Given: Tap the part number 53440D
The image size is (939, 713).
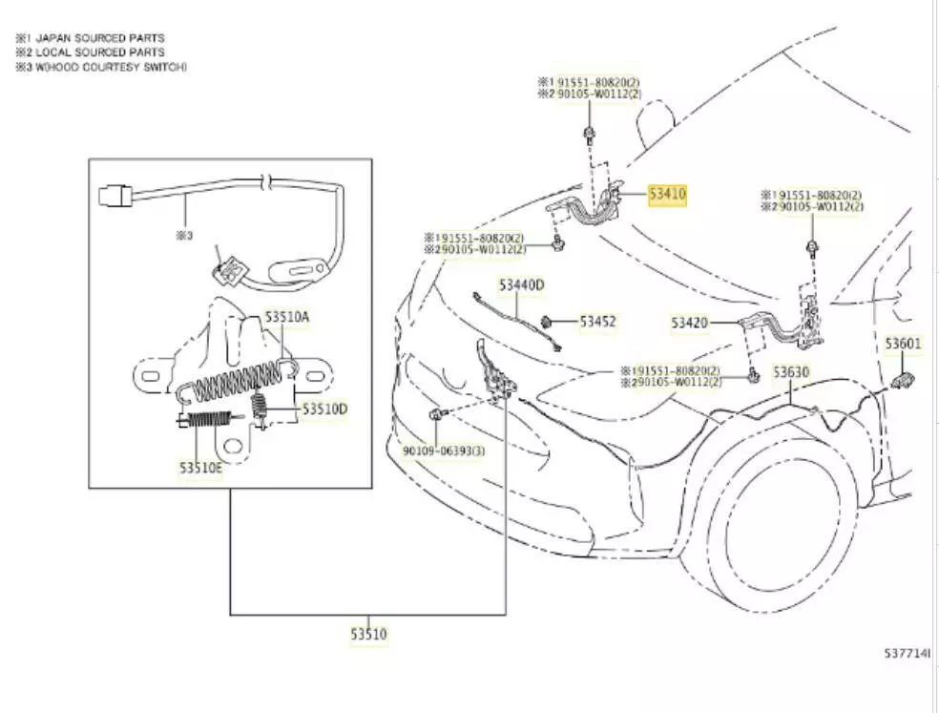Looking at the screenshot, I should point(520,284).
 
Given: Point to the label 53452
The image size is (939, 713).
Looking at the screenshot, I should point(597,322).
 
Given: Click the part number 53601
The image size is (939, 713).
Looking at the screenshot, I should point(902,344).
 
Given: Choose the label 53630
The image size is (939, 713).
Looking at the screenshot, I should point(791,371).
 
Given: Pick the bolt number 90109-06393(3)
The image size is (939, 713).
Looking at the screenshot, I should point(441,450).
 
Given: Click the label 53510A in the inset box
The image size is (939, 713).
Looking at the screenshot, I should point(287,316).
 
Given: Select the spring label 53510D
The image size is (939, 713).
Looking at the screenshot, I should point(324,409).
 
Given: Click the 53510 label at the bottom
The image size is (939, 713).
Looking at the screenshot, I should point(368,633).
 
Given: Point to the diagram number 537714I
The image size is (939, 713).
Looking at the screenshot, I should point(907,654).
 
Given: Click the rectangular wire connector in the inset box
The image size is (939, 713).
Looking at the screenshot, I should point(113,199).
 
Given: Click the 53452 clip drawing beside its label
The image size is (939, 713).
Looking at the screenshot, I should point(550,323).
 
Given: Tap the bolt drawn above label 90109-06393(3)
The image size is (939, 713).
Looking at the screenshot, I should point(436,414).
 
